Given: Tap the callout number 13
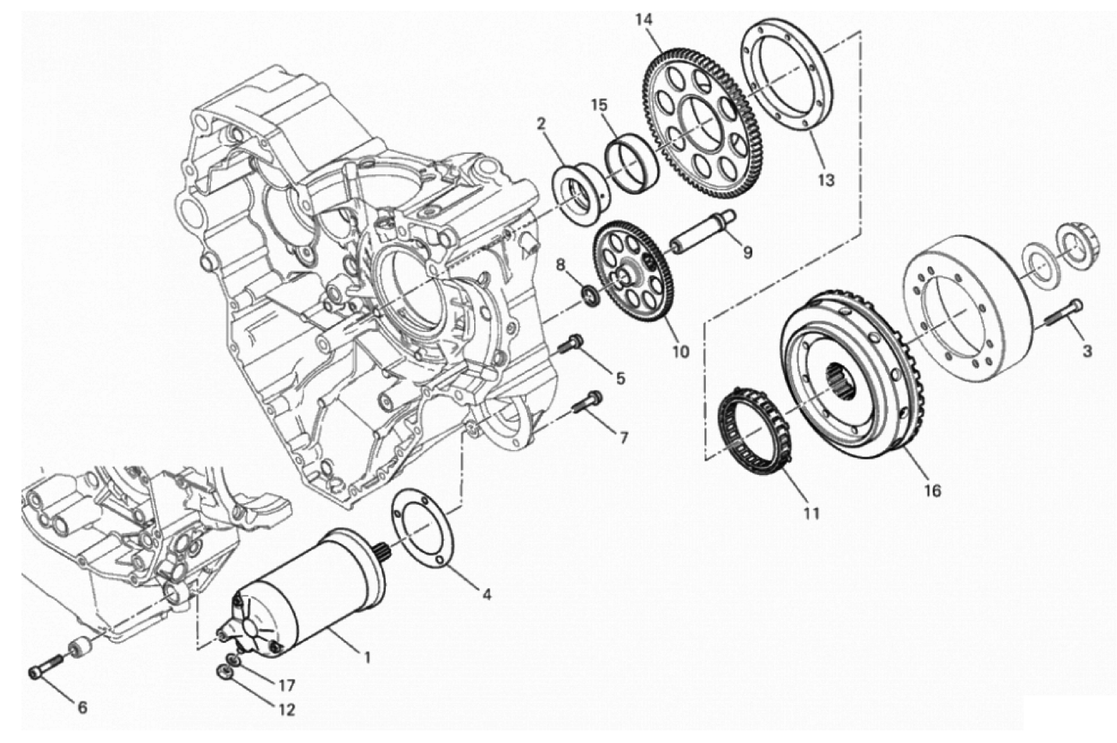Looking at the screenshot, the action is pos(826,180).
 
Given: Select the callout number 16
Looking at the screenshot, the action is pos(932,491).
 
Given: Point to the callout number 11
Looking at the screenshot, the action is pos(812,513).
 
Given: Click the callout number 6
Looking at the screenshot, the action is pos(83,707).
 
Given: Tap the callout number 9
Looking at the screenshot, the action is pos(748,253).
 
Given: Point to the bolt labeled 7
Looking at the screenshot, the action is pos(587,406).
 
